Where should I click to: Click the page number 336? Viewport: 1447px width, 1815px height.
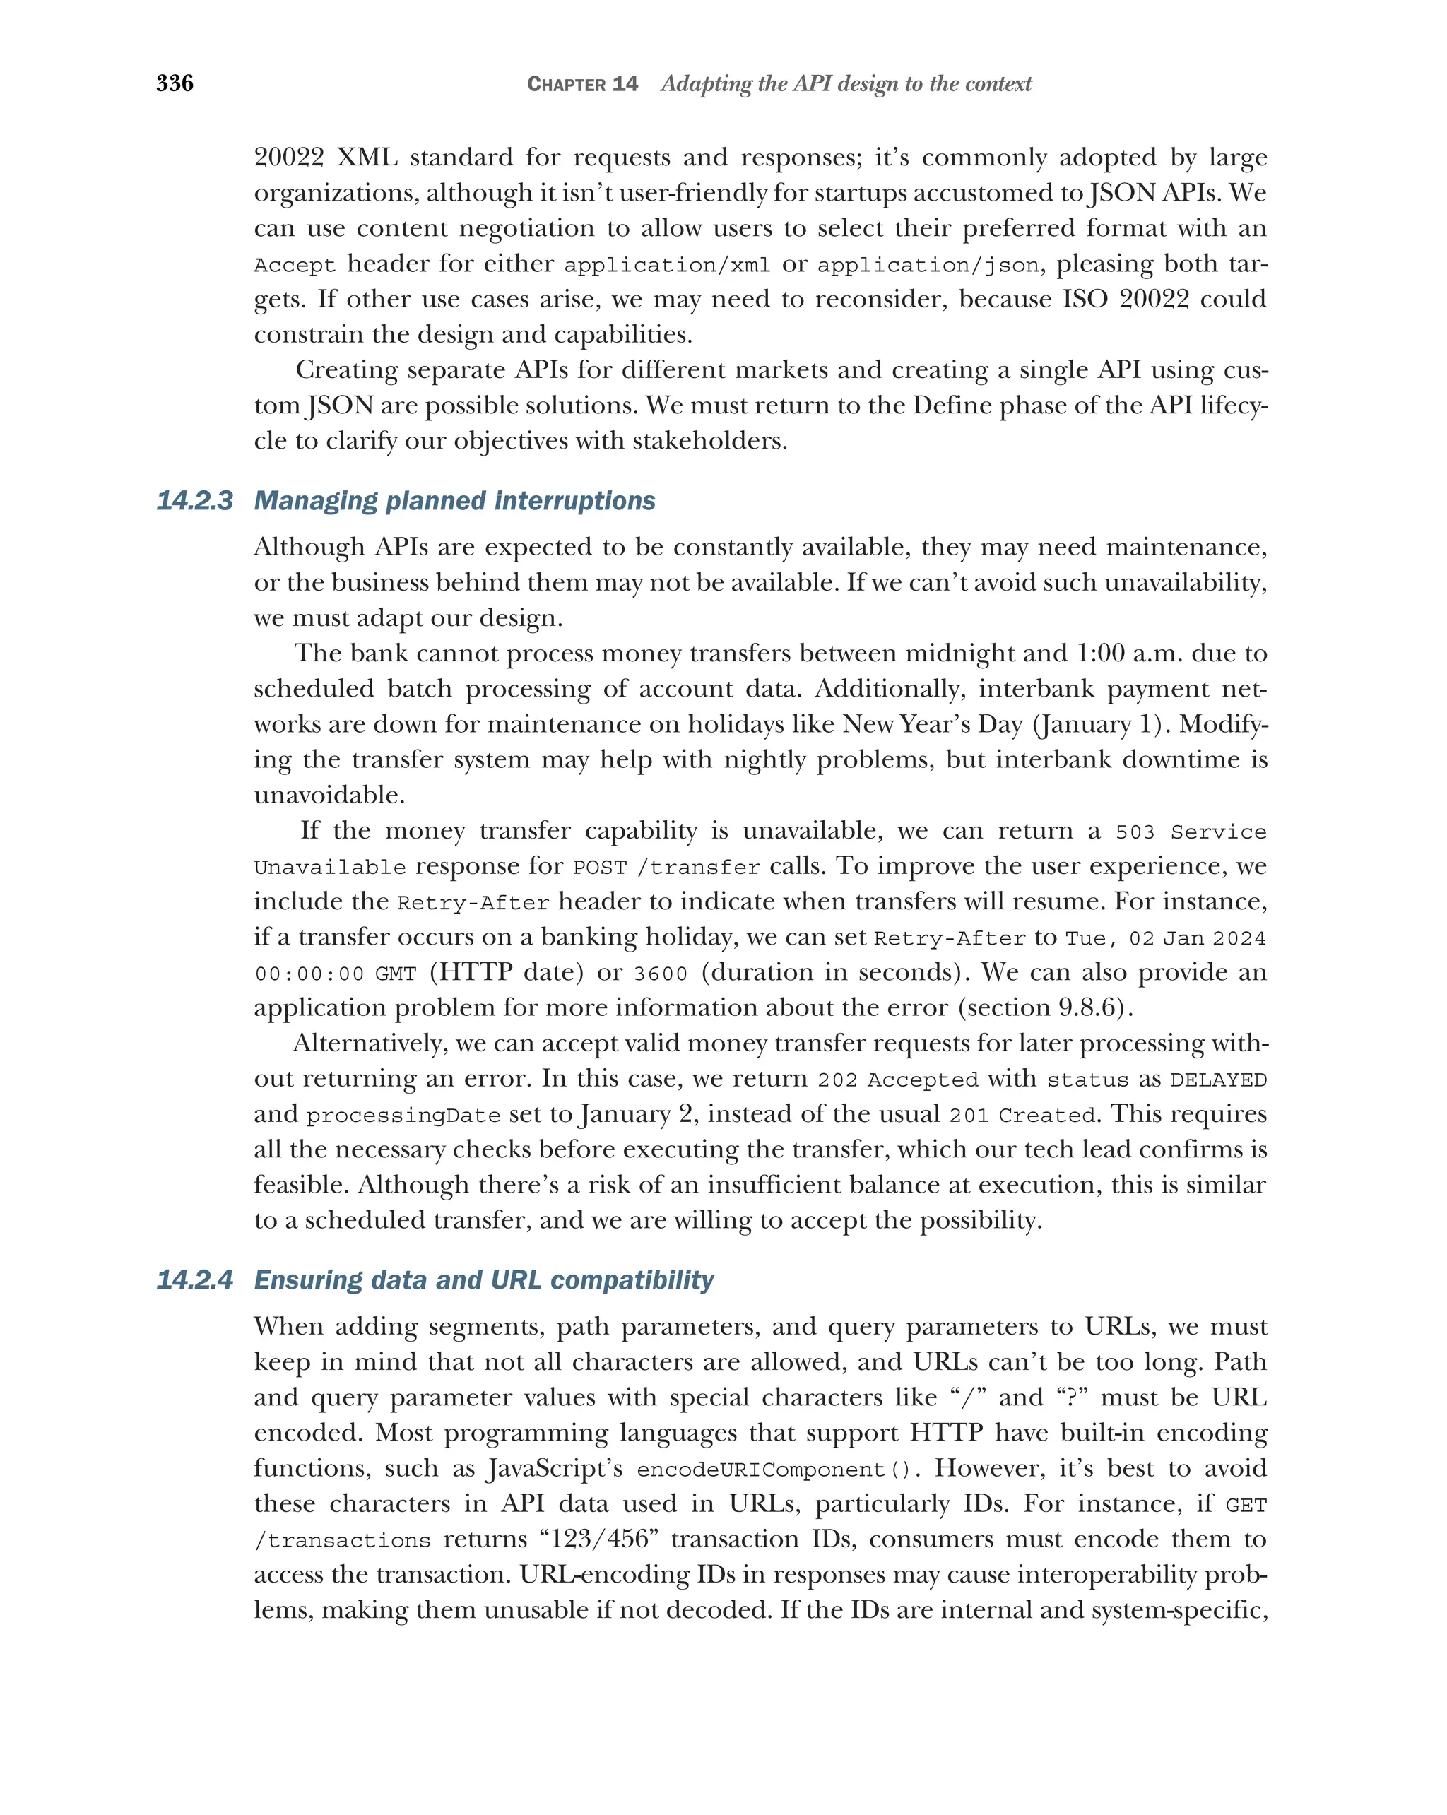point(175,83)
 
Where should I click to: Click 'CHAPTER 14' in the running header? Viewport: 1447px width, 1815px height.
point(581,84)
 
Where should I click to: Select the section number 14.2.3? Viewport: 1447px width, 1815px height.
point(194,501)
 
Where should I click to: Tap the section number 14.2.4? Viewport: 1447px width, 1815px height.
point(194,1279)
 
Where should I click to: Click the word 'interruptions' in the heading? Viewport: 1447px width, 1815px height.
point(574,501)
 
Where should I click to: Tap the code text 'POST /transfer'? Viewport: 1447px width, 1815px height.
point(666,867)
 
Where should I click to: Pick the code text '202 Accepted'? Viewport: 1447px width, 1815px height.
point(897,1080)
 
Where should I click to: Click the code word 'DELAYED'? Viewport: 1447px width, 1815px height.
point(1218,1080)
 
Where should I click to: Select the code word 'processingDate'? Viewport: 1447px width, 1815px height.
point(403,1116)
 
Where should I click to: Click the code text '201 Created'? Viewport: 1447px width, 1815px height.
point(1022,1116)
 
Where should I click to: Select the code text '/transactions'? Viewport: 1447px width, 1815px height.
point(342,1541)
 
